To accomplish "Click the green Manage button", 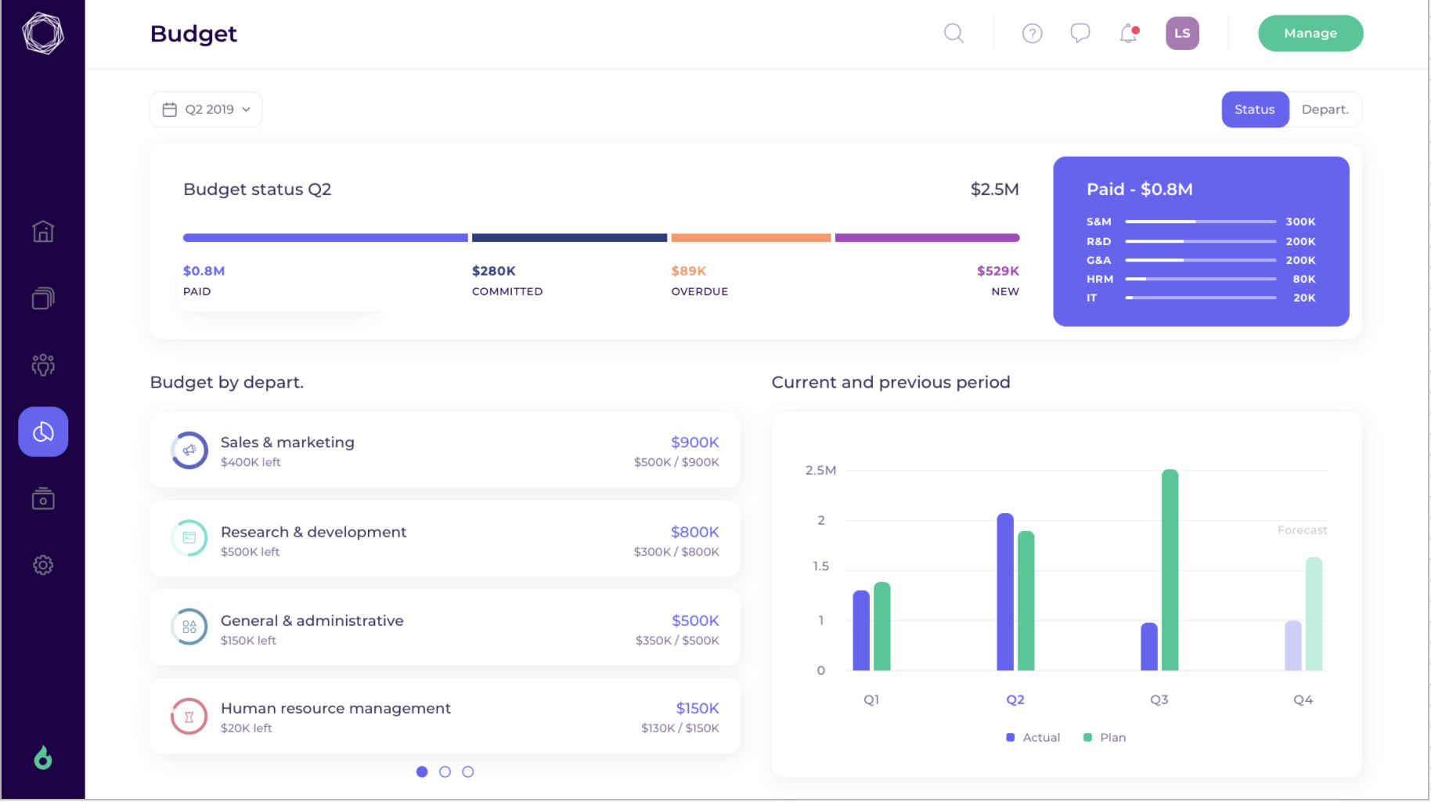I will (1310, 34).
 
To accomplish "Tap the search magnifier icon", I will (953, 34).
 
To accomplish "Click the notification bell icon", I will (1128, 34).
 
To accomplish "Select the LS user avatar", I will (1182, 34).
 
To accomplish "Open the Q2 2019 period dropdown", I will (206, 110).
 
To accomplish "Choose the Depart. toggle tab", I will (1325, 110).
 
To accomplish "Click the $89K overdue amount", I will (688, 271).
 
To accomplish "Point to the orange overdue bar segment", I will (751, 238).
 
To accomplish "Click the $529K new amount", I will (997, 271).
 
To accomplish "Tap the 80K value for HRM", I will (1303, 280).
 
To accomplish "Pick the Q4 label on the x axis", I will (1303, 700).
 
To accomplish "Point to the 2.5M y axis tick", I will (820, 471).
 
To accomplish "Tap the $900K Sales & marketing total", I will (694, 443).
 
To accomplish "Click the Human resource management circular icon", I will (189, 716).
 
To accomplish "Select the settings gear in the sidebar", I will (43, 565).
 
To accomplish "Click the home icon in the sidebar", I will (43, 232).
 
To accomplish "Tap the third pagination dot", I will (468, 772).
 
